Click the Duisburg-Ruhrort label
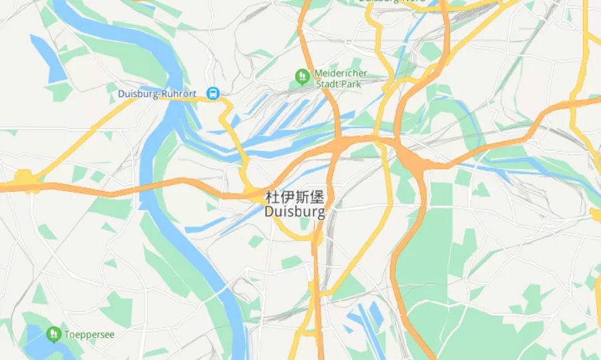pyautogui.click(x=157, y=94)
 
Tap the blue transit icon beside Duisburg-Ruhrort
pyautogui.click(x=213, y=94)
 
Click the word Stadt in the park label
pyautogui.click(x=328, y=84)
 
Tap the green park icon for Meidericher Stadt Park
pyautogui.click(x=302, y=77)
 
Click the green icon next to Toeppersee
pyautogui.click(x=53, y=333)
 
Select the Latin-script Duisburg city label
pyautogui.click(x=294, y=212)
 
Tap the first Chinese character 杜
pyautogui.click(x=272, y=197)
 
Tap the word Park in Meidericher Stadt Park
pyautogui.click(x=351, y=84)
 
